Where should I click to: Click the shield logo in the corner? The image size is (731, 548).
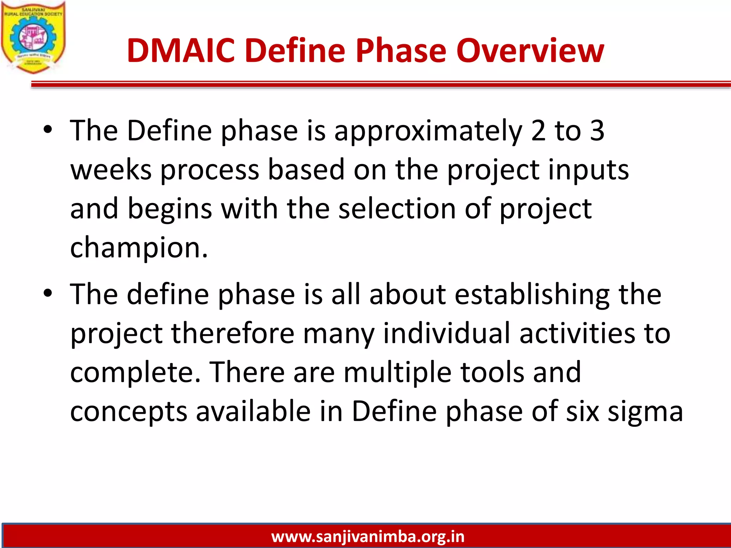click(33, 37)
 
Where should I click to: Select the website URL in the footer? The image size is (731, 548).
click(368, 537)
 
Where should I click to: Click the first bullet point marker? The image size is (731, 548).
click(48, 130)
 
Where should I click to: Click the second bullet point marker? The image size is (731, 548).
click(48, 294)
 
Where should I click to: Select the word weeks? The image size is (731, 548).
click(111, 170)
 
